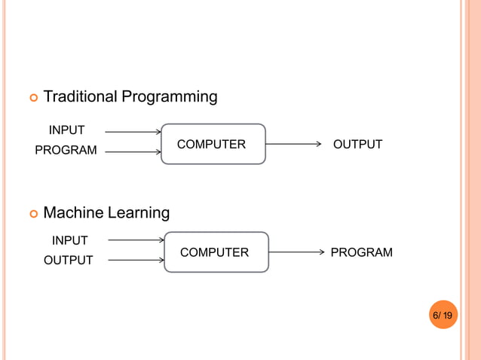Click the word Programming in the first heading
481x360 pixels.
point(170,97)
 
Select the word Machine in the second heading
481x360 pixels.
point(73,213)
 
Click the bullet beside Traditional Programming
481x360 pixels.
point(32,98)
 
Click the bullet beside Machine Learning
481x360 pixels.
point(32,214)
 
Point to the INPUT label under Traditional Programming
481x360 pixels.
point(66,130)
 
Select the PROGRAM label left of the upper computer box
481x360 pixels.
point(66,151)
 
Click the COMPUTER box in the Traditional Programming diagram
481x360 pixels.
point(213,144)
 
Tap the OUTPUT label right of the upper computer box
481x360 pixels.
point(357,145)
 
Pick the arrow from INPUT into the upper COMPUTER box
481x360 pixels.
point(133,132)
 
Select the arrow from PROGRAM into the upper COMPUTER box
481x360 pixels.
point(133,152)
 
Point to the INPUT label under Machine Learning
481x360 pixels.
point(69,241)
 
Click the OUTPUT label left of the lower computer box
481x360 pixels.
point(68,261)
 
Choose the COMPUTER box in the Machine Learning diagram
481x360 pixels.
point(216,252)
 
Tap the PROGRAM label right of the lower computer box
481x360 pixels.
point(361,253)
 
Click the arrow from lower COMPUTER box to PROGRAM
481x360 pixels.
point(297,252)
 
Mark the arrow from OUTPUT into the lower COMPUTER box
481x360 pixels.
point(136,261)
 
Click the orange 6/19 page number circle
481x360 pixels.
point(443,315)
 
